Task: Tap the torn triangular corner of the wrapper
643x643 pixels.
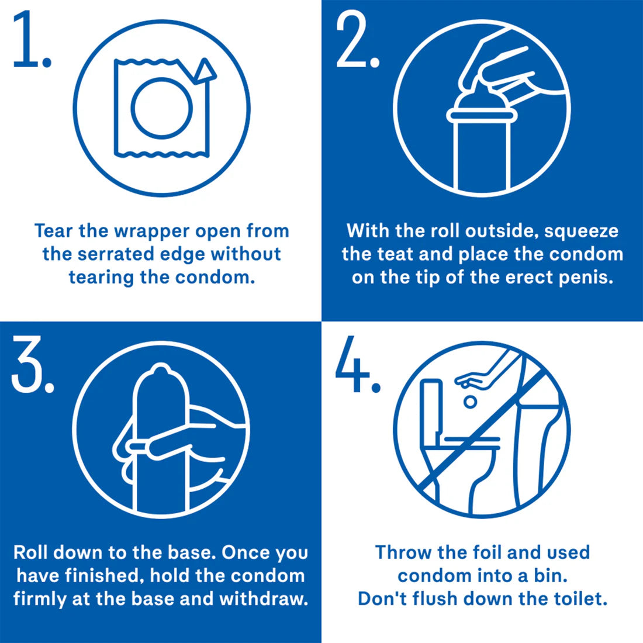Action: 205,71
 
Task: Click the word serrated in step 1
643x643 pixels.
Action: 123,254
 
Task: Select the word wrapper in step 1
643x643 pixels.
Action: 151,231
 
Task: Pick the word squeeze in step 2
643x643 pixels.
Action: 581,231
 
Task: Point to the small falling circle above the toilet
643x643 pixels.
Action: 469,402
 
